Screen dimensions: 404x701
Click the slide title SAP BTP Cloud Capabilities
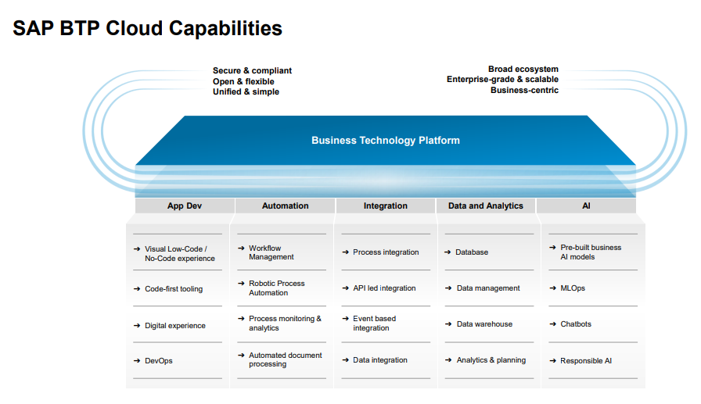pos(148,29)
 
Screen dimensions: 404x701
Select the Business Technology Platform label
pos(385,141)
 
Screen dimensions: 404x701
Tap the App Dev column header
pos(185,206)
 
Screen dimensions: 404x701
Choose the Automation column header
pos(285,206)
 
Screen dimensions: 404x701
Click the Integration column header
pos(385,206)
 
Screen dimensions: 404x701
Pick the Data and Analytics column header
pos(485,206)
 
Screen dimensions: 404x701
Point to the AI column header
pos(587,206)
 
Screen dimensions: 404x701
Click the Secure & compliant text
pos(252,71)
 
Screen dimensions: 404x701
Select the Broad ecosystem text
pos(523,70)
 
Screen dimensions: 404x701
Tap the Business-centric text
pos(524,90)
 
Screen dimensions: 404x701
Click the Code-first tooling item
pos(174,289)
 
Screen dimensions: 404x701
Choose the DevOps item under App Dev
pos(159,361)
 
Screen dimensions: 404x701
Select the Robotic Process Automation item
pos(277,288)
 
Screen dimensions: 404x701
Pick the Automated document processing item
pos(285,360)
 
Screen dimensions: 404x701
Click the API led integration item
pos(384,288)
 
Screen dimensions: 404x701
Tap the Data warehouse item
pos(484,324)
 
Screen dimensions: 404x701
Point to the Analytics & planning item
pos(491,360)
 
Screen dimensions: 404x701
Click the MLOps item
pos(573,288)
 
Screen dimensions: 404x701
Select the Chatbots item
pos(576,324)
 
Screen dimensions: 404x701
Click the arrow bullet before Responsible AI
pos(552,361)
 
